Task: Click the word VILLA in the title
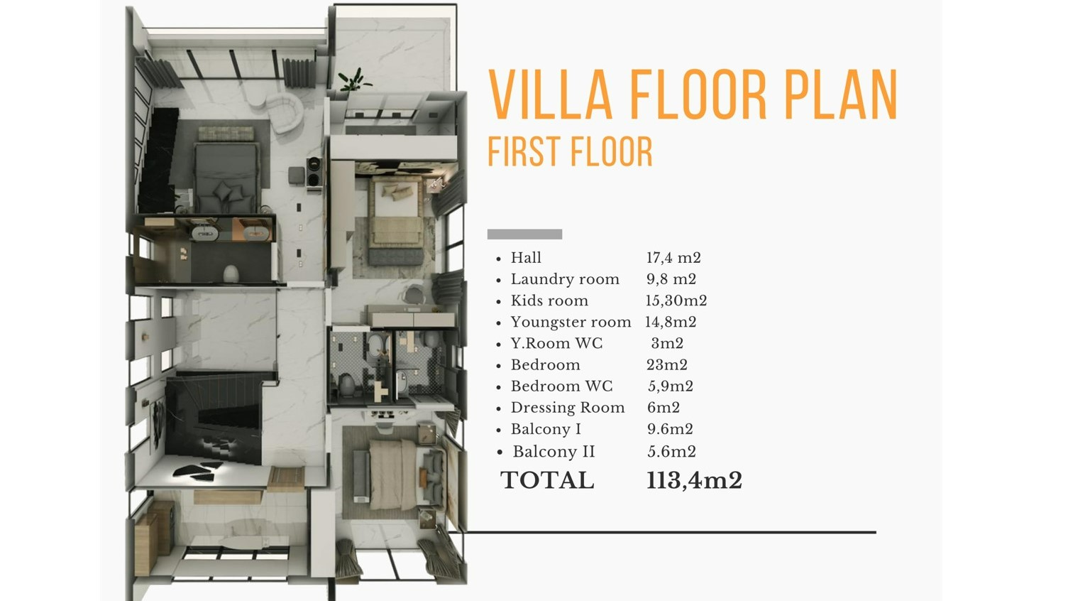[550, 94]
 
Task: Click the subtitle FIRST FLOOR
[571, 151]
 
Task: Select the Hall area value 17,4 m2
[673, 258]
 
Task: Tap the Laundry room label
[565, 279]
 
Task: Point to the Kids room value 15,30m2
[676, 300]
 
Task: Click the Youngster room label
[571, 323]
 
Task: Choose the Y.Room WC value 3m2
[667, 343]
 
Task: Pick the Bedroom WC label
[561, 386]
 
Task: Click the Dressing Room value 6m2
[664, 408]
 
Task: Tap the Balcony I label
[546, 429]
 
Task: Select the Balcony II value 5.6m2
[671, 452]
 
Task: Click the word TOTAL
[547, 480]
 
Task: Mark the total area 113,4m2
[694, 480]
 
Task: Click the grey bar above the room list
[524, 234]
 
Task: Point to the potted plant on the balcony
[353, 80]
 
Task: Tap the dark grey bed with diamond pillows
[226, 178]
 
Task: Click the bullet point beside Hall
[499, 259]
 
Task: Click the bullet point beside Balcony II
[500, 453]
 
